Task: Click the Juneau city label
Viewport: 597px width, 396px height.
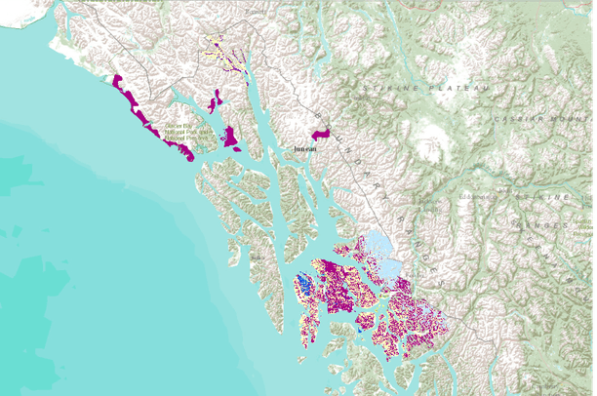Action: (306, 149)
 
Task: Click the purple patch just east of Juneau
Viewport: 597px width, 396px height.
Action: (322, 132)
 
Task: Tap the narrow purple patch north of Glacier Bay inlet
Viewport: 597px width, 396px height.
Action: (214, 100)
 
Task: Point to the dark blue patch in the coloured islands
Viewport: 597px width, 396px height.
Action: (304, 285)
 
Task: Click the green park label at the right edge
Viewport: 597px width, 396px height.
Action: (583, 229)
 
